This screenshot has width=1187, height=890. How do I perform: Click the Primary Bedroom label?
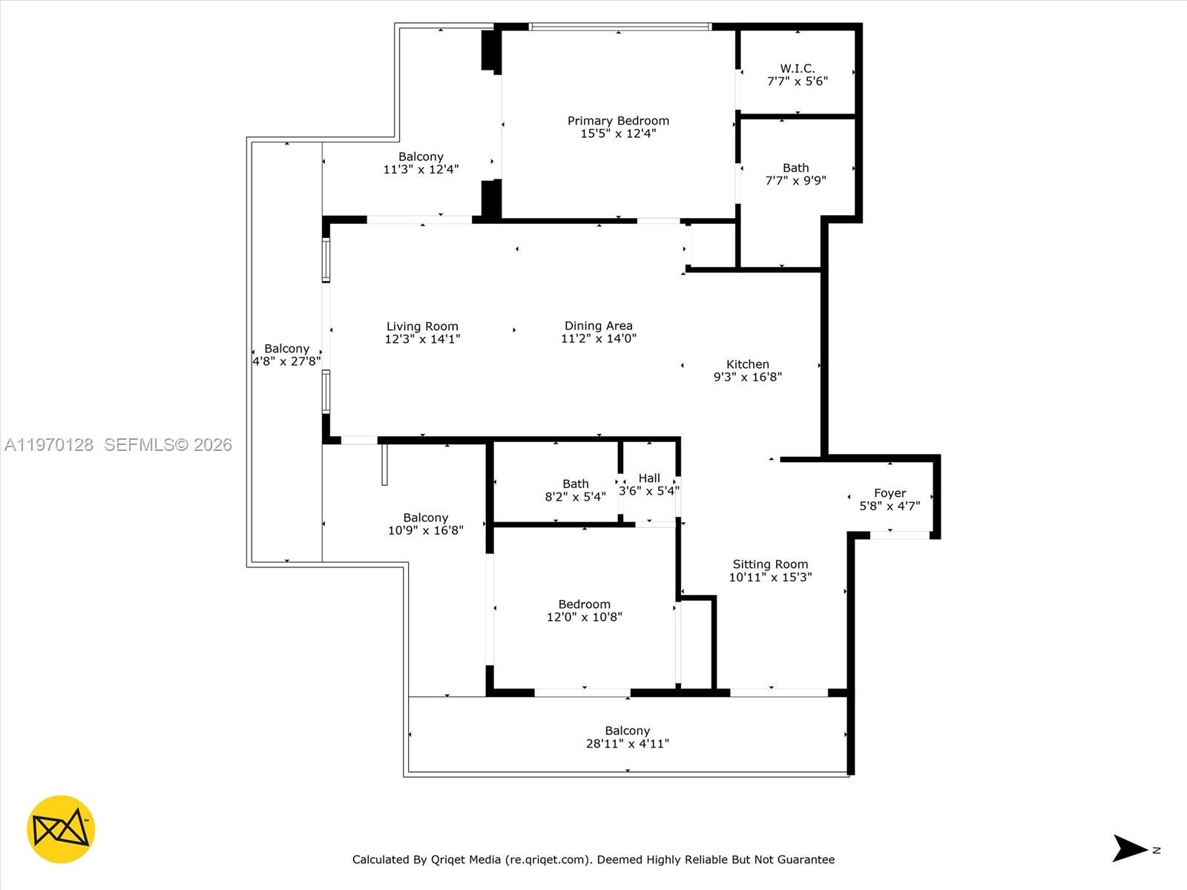(x=618, y=121)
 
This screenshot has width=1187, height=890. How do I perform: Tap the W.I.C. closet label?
(x=797, y=68)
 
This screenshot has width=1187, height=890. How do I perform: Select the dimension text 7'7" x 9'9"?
(x=795, y=180)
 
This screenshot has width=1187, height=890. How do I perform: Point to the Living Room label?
(x=422, y=326)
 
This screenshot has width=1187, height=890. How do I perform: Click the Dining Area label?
(x=598, y=326)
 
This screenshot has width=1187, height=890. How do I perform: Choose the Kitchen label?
(x=747, y=364)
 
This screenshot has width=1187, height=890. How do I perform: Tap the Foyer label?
(x=890, y=493)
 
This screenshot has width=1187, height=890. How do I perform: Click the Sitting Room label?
(x=770, y=564)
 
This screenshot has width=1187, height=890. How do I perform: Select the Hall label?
(x=649, y=478)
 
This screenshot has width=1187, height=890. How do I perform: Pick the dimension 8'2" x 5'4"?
(x=575, y=497)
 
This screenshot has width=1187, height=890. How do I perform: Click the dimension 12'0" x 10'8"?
(x=584, y=617)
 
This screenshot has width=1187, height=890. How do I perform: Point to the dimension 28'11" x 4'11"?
(x=627, y=744)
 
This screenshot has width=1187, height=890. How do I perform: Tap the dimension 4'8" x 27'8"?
(x=286, y=361)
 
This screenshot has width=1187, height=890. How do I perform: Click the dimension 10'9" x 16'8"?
(x=425, y=530)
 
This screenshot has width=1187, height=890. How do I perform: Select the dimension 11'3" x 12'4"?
(x=421, y=169)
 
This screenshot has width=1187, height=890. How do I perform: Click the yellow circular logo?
(x=61, y=829)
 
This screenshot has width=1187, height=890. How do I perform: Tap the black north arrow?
(x=1129, y=848)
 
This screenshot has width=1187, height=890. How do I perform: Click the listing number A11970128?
(x=49, y=445)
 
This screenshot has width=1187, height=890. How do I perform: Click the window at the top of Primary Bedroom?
(x=619, y=27)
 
